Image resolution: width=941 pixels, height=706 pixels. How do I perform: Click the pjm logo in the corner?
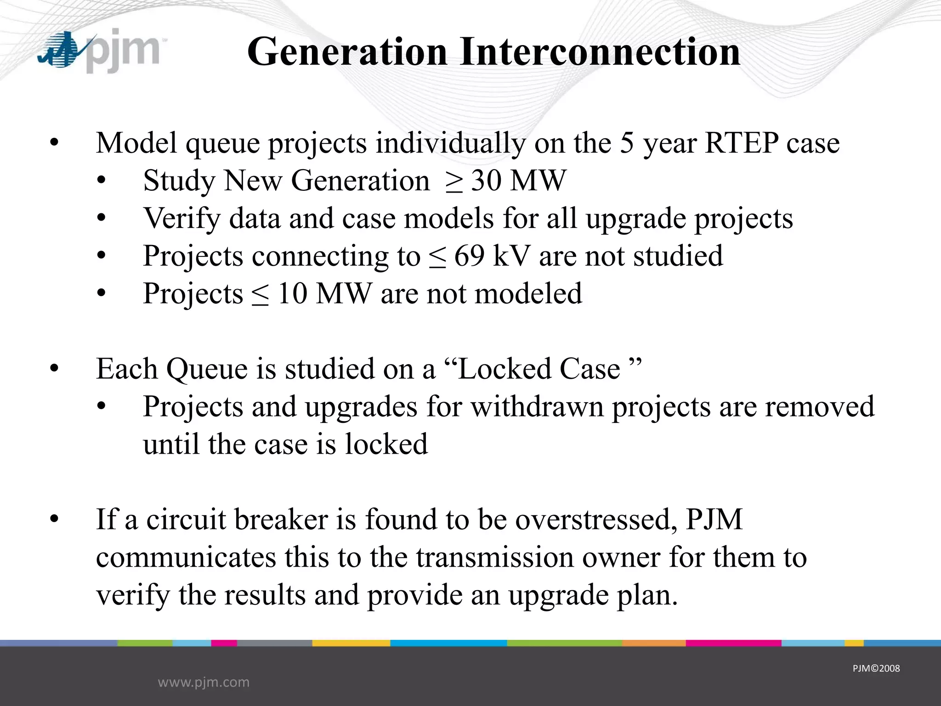click(x=99, y=51)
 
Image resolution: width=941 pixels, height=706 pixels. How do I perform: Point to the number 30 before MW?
click(x=486, y=180)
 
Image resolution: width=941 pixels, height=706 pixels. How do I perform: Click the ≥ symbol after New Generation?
click(x=453, y=181)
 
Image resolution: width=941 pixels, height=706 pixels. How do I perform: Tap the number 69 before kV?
click(x=469, y=256)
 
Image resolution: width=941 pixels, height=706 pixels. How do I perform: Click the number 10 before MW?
click(x=292, y=293)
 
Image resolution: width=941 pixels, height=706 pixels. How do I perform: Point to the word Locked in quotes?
click(x=505, y=369)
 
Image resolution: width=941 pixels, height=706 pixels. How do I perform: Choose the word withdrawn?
click(x=537, y=406)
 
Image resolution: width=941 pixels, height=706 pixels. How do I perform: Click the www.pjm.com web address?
click(x=204, y=682)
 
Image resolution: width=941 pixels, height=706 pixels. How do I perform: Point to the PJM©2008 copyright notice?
click(x=876, y=668)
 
